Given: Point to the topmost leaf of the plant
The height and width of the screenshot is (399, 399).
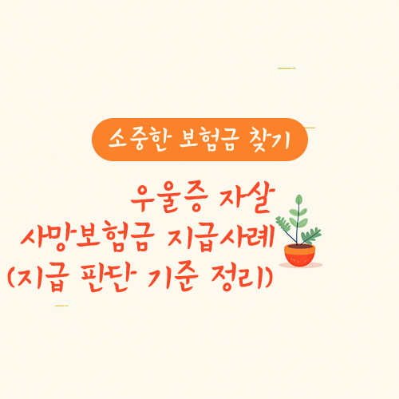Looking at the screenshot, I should click(299, 200).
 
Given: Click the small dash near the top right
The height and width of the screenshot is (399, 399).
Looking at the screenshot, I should click(286, 69).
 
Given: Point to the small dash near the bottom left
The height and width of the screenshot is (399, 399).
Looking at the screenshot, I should click(61, 306).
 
